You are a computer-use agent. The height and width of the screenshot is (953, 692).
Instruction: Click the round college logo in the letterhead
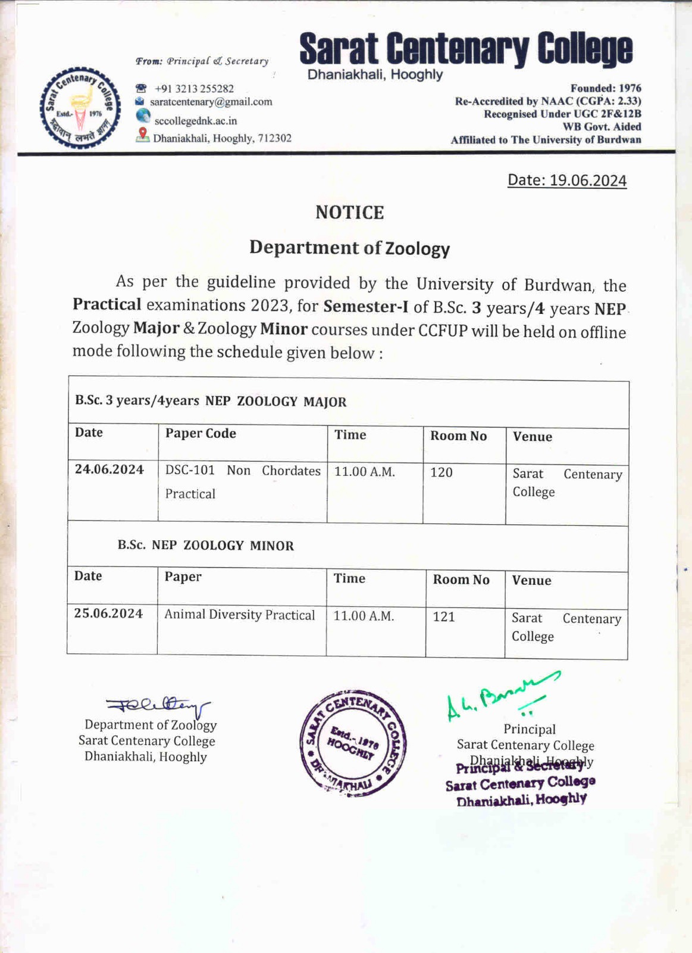[x=80, y=108]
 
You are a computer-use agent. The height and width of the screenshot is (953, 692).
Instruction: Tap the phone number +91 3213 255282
[x=194, y=89]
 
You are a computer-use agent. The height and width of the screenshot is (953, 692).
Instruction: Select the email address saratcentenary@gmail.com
[x=211, y=102]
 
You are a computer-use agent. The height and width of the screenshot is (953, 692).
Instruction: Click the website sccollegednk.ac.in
[x=195, y=121]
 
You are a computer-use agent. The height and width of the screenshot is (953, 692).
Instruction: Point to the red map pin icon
[x=142, y=135]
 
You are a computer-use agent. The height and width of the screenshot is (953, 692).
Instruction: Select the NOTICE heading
[x=349, y=213]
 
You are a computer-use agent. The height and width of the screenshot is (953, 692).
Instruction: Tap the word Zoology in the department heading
[x=417, y=248]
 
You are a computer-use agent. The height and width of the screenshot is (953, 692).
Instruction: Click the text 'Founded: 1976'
[x=605, y=88]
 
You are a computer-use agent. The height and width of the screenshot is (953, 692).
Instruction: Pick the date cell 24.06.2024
[x=109, y=469]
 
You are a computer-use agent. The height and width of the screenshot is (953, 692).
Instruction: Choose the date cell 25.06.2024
[x=108, y=613]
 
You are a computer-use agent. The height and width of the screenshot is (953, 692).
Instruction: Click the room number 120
[x=441, y=472]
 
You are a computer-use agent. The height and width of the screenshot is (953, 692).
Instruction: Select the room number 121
[x=444, y=616]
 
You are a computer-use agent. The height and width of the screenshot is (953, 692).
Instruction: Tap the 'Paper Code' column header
[x=201, y=434]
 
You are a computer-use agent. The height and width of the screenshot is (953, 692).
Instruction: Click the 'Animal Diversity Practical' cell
[x=240, y=615]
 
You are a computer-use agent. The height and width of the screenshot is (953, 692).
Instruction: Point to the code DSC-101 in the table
[x=190, y=470]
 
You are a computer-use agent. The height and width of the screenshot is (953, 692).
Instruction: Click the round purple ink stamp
[x=353, y=743]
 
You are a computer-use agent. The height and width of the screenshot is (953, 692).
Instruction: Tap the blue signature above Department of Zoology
[x=158, y=706]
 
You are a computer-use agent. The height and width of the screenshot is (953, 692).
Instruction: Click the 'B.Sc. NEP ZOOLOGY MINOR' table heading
[x=205, y=546]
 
